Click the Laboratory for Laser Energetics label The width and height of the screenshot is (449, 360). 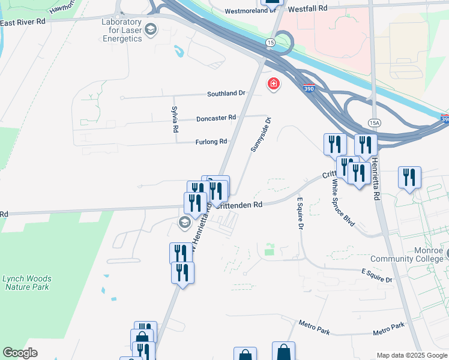[x=121, y=30]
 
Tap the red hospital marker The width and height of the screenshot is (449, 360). [x=274, y=84]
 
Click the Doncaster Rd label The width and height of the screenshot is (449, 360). [x=215, y=119]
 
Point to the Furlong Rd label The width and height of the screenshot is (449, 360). [x=211, y=142]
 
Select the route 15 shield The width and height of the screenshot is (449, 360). [x=271, y=42]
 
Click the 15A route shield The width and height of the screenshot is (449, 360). [x=375, y=123]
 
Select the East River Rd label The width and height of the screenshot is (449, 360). [x=23, y=22]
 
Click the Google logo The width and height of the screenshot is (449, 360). [x=20, y=353]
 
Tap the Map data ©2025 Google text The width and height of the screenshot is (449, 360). [x=412, y=355]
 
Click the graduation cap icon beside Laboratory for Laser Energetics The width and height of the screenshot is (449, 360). [x=150, y=29]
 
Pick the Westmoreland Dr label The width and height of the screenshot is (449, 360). [x=247, y=11]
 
